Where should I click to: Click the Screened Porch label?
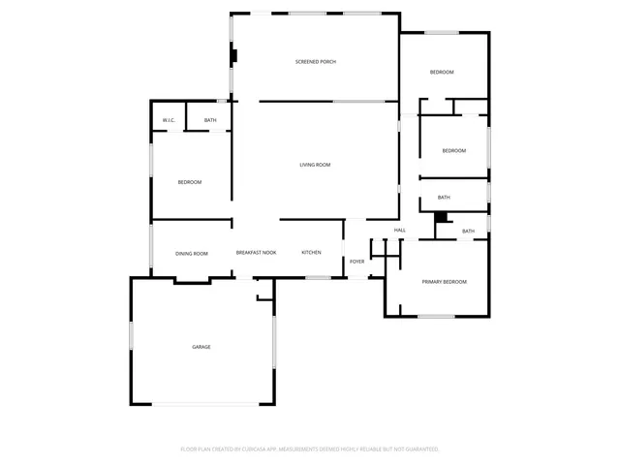[316, 62]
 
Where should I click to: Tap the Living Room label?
[315, 165]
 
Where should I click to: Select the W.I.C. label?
[169, 120]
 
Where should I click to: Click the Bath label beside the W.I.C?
[210, 120]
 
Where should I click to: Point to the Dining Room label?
[192, 254]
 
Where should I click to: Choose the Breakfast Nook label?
[257, 253]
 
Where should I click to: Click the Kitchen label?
[311, 253]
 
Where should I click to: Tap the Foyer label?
[357, 261]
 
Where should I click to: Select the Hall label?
[399, 230]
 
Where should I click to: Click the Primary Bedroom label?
[444, 282]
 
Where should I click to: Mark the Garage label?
[201, 347]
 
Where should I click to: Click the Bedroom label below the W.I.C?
[189, 182]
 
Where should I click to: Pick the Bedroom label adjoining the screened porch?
[442, 72]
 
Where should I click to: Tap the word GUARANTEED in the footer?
[419, 449]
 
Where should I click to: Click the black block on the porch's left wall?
[233, 56]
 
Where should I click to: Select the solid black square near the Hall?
[440, 216]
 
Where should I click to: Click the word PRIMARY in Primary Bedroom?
[432, 282]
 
